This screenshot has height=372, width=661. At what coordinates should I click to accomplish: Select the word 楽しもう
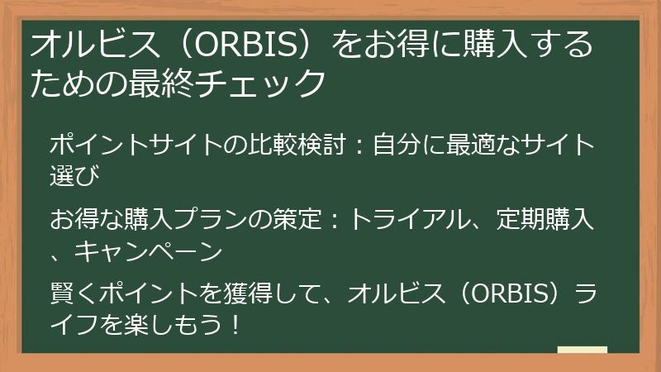[161, 322]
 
